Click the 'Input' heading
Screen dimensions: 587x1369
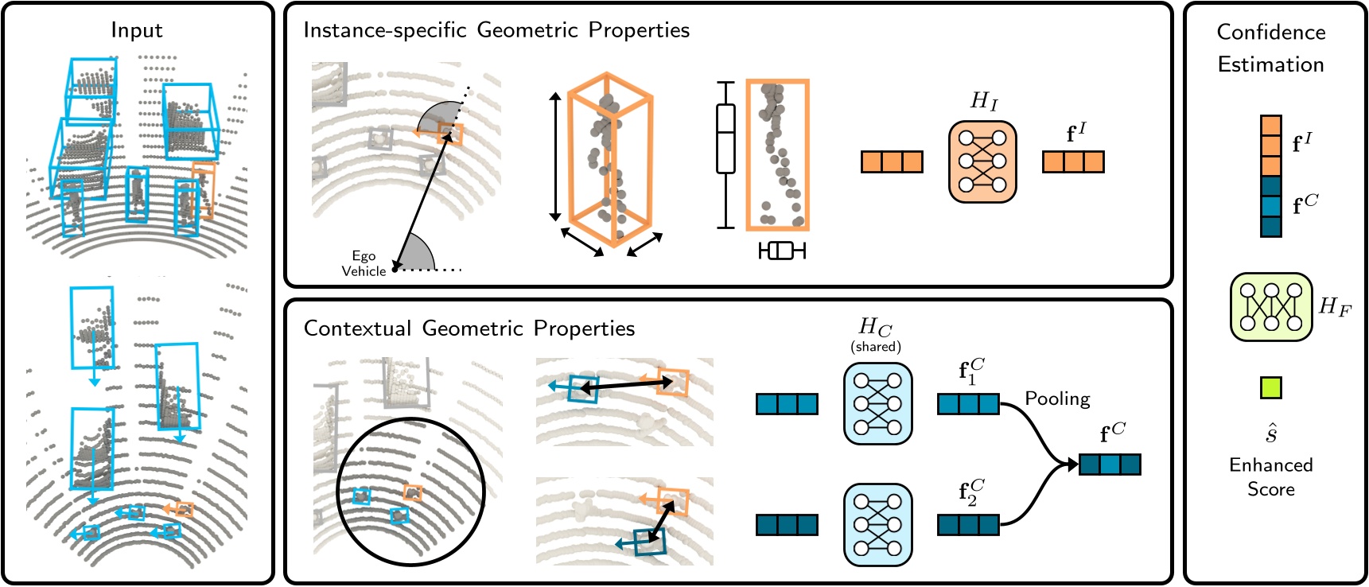coord(136,30)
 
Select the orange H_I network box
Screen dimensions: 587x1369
coord(982,161)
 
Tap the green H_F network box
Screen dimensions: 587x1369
coord(1270,307)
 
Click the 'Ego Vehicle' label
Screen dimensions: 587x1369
coord(364,263)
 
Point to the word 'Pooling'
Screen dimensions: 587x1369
coord(1056,398)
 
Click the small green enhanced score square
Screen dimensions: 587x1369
coord(1270,387)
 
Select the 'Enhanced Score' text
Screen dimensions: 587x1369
coord(1270,476)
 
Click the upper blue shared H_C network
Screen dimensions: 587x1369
coord(877,403)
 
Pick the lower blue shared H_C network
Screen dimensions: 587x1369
coord(877,524)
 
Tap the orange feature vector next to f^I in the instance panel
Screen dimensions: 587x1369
coord(1073,161)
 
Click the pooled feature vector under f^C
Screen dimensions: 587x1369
coord(1110,464)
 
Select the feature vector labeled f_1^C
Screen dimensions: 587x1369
coord(968,404)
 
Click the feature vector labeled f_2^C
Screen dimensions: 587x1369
coord(968,525)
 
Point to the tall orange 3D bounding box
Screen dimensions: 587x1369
coord(610,159)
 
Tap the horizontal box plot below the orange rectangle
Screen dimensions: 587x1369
coord(781,251)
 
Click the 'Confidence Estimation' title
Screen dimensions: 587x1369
coord(1270,48)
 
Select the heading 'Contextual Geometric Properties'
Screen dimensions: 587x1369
coord(469,328)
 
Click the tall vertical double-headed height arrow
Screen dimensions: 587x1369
coord(555,156)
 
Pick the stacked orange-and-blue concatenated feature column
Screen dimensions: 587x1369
coord(1270,176)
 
